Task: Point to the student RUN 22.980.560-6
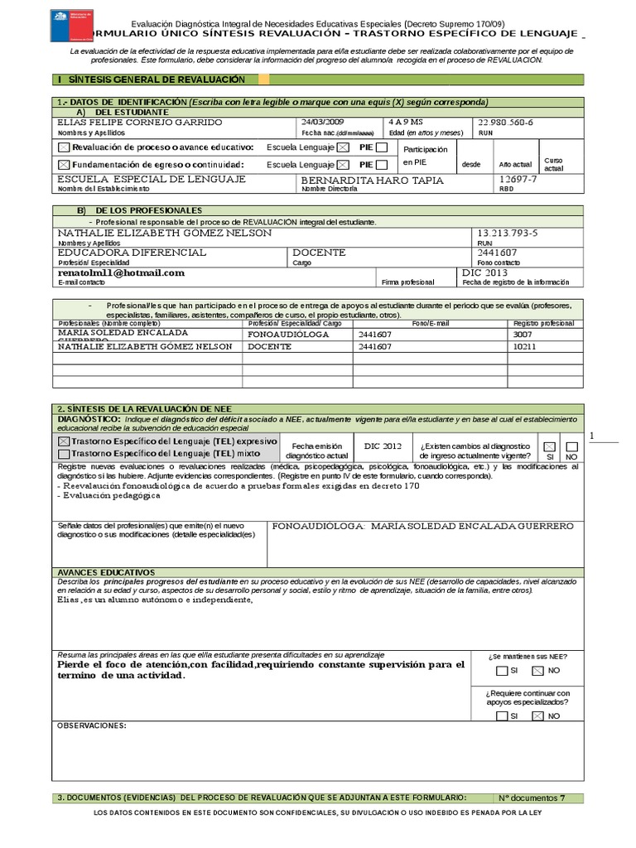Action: (x=506, y=123)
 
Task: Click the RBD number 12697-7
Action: (x=518, y=179)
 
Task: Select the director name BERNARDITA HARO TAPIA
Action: (x=372, y=180)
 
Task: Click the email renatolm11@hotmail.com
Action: (x=121, y=272)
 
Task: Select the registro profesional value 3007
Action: (x=524, y=333)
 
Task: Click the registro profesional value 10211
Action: (x=525, y=347)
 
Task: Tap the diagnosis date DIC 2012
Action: (x=383, y=446)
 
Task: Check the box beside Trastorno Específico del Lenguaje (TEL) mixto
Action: (x=64, y=455)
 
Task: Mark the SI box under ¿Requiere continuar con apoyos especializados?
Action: (x=501, y=715)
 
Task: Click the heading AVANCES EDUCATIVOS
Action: (x=105, y=572)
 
